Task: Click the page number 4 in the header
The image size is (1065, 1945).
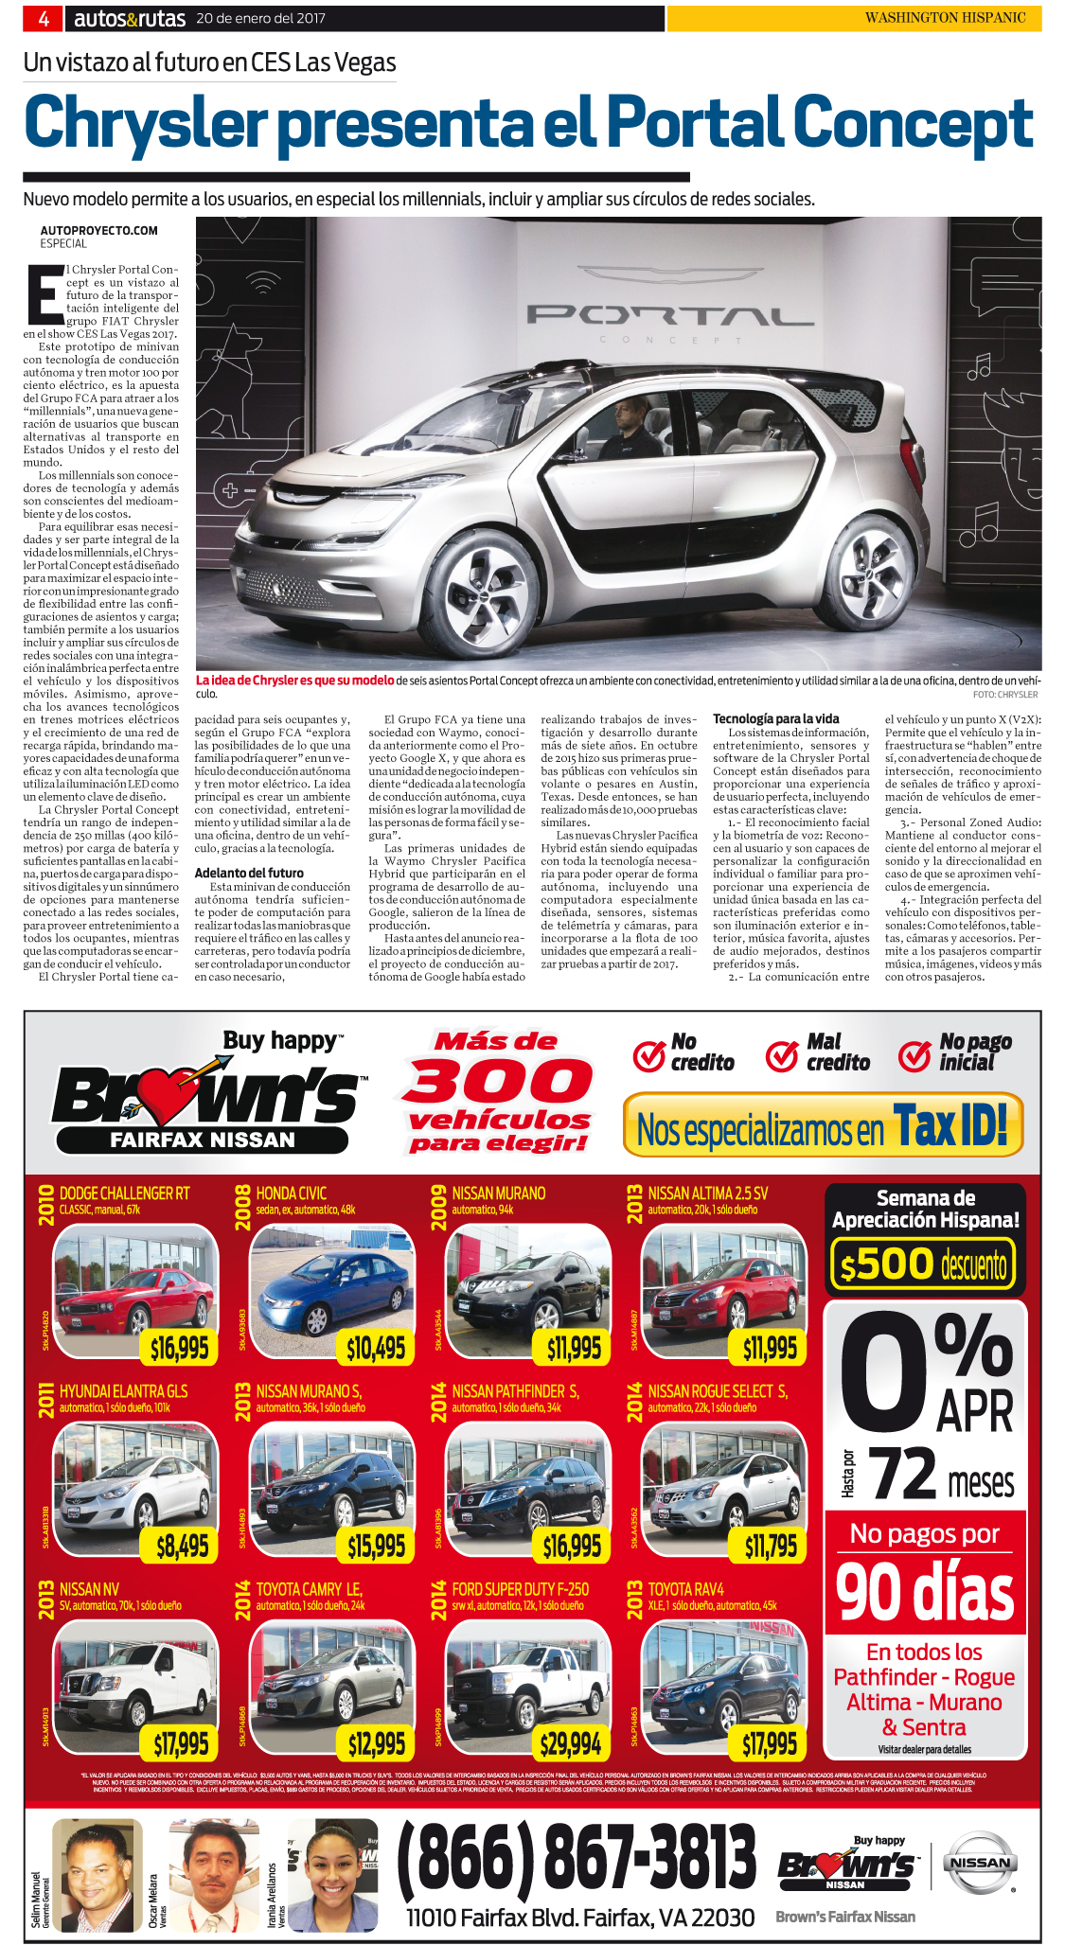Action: [44, 18]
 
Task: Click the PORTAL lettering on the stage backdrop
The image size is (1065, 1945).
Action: [656, 316]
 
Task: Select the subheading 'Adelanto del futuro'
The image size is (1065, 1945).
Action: [249, 873]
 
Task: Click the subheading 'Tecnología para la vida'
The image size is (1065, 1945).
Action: [775, 719]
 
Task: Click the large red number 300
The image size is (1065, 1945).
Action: [497, 1082]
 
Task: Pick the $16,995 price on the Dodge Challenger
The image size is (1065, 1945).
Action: [179, 1348]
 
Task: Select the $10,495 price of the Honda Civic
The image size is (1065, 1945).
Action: [376, 1348]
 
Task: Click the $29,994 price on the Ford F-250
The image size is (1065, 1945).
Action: [571, 1742]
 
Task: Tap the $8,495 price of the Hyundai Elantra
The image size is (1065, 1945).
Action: [182, 1546]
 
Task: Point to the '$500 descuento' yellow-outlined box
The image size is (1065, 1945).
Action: [923, 1264]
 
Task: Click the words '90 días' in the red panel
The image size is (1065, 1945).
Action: [925, 1594]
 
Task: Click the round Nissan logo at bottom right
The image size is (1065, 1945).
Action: [980, 1863]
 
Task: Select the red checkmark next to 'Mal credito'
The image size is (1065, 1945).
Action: [782, 1054]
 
